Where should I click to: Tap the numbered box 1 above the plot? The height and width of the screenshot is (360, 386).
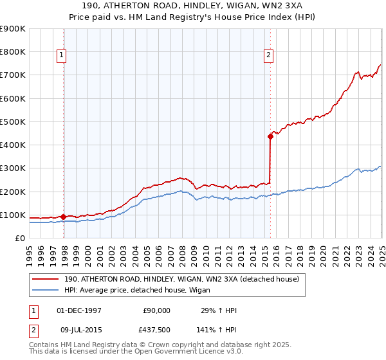click(x=61, y=55)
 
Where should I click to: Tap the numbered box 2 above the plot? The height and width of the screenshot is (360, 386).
click(x=268, y=55)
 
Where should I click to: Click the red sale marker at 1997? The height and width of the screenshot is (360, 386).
click(x=63, y=217)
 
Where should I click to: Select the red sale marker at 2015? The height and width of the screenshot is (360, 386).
click(x=270, y=136)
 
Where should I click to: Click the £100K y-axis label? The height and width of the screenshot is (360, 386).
click(x=14, y=215)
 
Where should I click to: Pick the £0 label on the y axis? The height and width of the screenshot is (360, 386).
click(x=21, y=238)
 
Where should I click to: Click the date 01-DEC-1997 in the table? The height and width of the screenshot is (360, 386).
click(x=79, y=310)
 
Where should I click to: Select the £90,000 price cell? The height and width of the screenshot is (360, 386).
click(x=156, y=310)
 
